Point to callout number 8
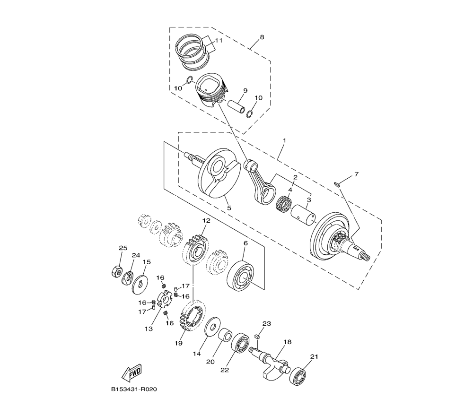tap(262, 37)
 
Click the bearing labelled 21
tap(299, 376)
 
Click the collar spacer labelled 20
tap(225, 335)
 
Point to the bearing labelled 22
tap(240, 343)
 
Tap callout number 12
tap(206, 220)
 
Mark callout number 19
tap(179, 343)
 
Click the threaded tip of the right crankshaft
tap(365, 257)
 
